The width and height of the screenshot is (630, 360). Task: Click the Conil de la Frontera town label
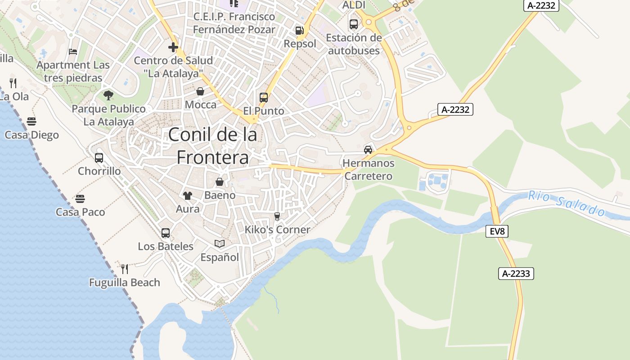pyautogui.click(x=212, y=146)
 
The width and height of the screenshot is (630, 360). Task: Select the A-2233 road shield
pyautogui.click(x=516, y=273)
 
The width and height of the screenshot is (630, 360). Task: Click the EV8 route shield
pyautogui.click(x=497, y=232)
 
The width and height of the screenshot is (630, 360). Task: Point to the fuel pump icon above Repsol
pyautogui.click(x=299, y=31)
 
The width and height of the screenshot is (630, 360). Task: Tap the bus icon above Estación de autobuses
pyautogui.click(x=354, y=24)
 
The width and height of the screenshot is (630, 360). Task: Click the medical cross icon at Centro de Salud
pyautogui.click(x=173, y=47)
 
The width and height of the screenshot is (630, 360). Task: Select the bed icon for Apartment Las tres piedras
pyautogui.click(x=73, y=52)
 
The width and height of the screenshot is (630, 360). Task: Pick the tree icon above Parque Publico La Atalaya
pyautogui.click(x=108, y=95)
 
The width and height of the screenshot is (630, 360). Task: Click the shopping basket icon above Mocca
pyautogui.click(x=200, y=92)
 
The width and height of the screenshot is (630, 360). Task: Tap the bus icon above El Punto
pyautogui.click(x=264, y=97)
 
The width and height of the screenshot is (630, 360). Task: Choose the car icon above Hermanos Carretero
pyautogui.click(x=368, y=149)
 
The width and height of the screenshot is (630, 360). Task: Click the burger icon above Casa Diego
pyautogui.click(x=31, y=121)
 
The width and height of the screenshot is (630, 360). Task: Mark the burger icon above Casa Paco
pyautogui.click(x=80, y=198)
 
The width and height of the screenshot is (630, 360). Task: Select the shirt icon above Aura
pyautogui.click(x=187, y=195)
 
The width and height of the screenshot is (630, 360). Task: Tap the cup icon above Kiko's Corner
pyautogui.click(x=277, y=216)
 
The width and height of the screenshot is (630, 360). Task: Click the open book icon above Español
pyautogui.click(x=220, y=243)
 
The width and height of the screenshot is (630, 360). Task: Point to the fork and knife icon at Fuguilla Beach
pyautogui.click(x=125, y=269)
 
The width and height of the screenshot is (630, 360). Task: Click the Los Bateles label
pyautogui.click(x=166, y=247)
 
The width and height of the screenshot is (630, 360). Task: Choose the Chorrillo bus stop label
pyautogui.click(x=99, y=171)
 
